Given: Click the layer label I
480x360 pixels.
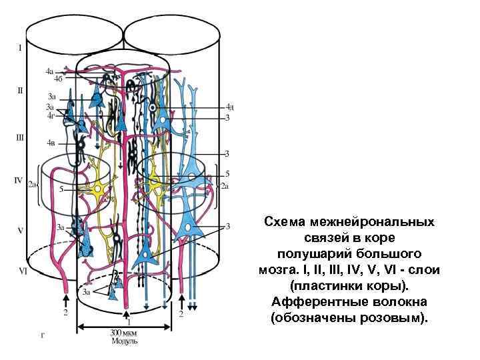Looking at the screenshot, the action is (20, 48).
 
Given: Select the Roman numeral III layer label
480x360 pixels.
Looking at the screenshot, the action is (20, 138).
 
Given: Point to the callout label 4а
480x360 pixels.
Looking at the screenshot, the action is (49, 71).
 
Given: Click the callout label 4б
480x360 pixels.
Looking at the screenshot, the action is (58, 79).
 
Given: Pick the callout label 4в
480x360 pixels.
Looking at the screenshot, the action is (51, 143).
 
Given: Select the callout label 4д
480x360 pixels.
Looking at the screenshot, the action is (229, 106).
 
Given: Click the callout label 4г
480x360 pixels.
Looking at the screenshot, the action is (50, 115).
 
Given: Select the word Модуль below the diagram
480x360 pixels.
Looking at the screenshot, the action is (123, 341).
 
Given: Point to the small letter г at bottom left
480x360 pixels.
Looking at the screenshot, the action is (43, 335).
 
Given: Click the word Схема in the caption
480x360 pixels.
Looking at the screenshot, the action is (283, 221).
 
